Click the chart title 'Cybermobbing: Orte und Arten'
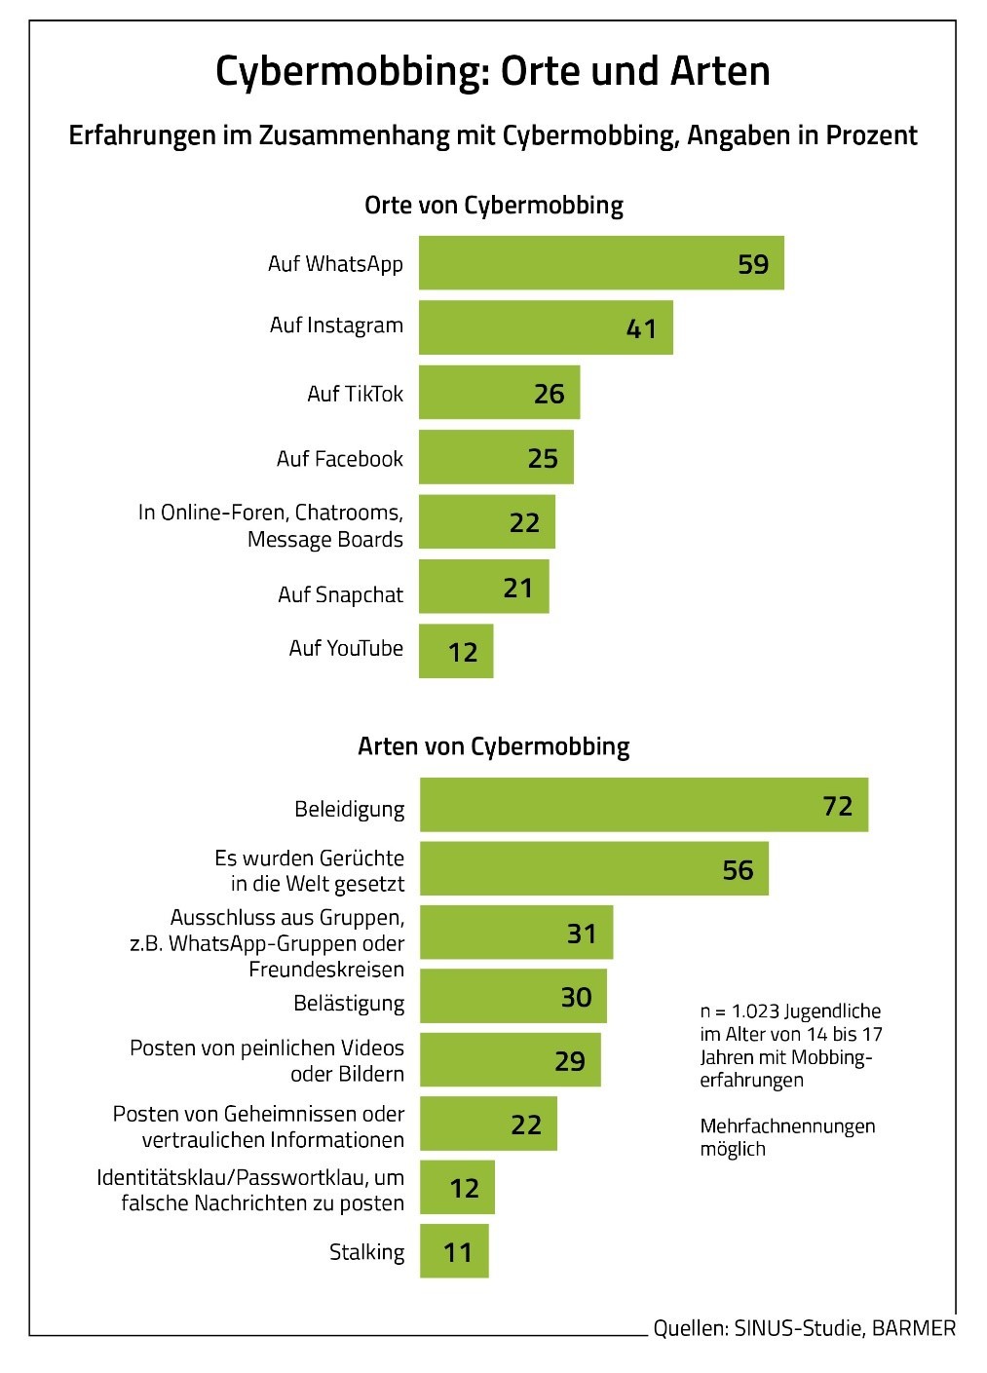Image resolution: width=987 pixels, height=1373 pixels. pos(492,70)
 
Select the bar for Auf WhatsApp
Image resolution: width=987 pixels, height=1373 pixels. pos(600,263)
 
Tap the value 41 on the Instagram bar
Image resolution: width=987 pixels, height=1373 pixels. pos(641,328)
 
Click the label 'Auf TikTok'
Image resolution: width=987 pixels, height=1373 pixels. pos(355,394)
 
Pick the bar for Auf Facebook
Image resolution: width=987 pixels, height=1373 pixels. pos(495,457)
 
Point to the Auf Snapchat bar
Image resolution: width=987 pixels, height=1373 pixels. pos(483,587)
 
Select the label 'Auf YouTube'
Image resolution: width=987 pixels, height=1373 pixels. pos(346,648)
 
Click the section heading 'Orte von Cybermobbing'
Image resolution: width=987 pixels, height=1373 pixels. pos(493,206)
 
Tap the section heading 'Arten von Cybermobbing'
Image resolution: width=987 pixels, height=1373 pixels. pos(493,746)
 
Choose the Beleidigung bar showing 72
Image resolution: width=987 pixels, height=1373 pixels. pos(643,805)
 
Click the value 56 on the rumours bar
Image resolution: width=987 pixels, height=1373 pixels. pos(738,869)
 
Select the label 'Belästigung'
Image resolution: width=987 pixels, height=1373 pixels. pos(349,1003)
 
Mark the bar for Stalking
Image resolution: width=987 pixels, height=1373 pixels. pos(454,1251)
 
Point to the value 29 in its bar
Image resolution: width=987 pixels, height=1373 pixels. pos(569,1060)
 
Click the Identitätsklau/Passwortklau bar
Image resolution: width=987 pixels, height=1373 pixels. pos(457,1187)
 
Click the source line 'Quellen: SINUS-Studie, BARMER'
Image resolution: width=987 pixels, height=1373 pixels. pos(804,1328)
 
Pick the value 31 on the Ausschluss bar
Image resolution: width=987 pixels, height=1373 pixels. pos(581,934)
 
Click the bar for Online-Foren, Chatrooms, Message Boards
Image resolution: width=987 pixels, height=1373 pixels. pos(486,522)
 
